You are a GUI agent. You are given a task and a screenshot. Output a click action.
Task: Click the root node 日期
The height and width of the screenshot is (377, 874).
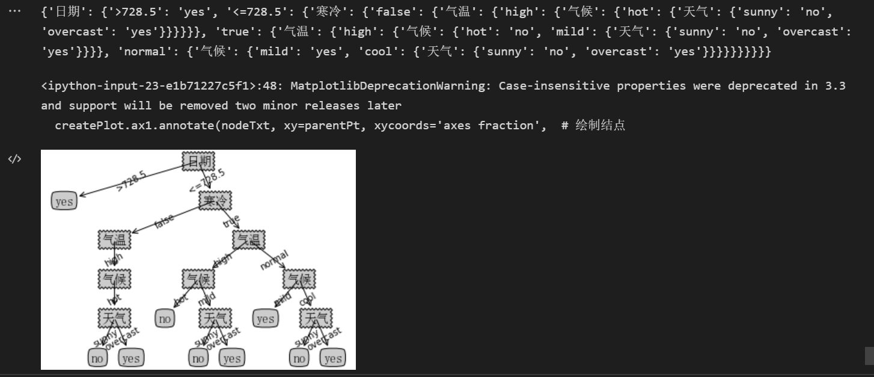(x=198, y=161)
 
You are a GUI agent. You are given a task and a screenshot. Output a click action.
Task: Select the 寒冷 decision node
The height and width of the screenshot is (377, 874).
(x=216, y=200)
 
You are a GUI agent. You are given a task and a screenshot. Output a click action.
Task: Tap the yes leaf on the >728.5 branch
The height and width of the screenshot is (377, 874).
(x=64, y=201)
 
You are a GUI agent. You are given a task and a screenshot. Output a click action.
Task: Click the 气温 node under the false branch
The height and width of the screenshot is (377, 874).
(x=114, y=240)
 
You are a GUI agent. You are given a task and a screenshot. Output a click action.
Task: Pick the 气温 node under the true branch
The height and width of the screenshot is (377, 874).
(x=249, y=240)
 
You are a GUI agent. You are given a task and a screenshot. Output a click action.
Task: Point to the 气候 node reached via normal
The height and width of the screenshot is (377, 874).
(x=299, y=279)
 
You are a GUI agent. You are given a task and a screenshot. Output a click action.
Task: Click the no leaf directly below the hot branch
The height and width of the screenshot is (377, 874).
(x=165, y=318)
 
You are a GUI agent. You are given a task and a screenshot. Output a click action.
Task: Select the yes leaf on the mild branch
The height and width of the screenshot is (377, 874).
(x=265, y=318)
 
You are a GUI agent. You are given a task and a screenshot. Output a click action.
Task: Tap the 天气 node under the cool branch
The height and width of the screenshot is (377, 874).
(x=316, y=318)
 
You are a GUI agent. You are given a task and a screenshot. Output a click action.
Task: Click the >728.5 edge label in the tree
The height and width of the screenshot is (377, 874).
(x=132, y=181)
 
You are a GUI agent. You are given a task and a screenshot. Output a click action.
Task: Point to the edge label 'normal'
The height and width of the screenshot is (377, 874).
(x=274, y=260)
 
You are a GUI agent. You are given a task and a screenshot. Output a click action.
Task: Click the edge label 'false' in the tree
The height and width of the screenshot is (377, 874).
(x=164, y=221)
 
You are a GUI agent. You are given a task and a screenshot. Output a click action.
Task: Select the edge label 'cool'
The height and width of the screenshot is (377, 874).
(x=307, y=298)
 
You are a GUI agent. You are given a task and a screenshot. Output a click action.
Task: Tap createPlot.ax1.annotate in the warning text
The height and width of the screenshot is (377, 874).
(x=135, y=125)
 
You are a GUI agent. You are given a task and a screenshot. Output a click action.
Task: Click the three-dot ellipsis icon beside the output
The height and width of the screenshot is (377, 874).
(x=14, y=11)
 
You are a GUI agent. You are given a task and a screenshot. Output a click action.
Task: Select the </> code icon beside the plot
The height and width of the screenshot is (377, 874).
(x=14, y=159)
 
